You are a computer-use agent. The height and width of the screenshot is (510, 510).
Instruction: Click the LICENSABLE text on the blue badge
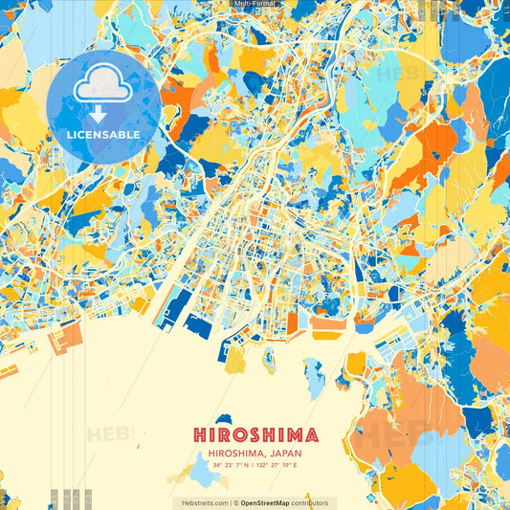[x=102, y=135]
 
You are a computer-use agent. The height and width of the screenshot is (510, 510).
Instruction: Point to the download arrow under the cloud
[x=98, y=114]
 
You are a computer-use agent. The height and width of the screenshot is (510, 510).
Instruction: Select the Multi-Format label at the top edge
[x=255, y=4]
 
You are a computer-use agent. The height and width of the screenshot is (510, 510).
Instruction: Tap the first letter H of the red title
[x=199, y=435]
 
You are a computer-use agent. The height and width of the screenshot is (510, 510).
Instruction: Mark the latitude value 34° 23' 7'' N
[x=229, y=465]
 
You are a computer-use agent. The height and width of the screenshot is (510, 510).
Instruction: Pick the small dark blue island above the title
[x=226, y=418]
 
